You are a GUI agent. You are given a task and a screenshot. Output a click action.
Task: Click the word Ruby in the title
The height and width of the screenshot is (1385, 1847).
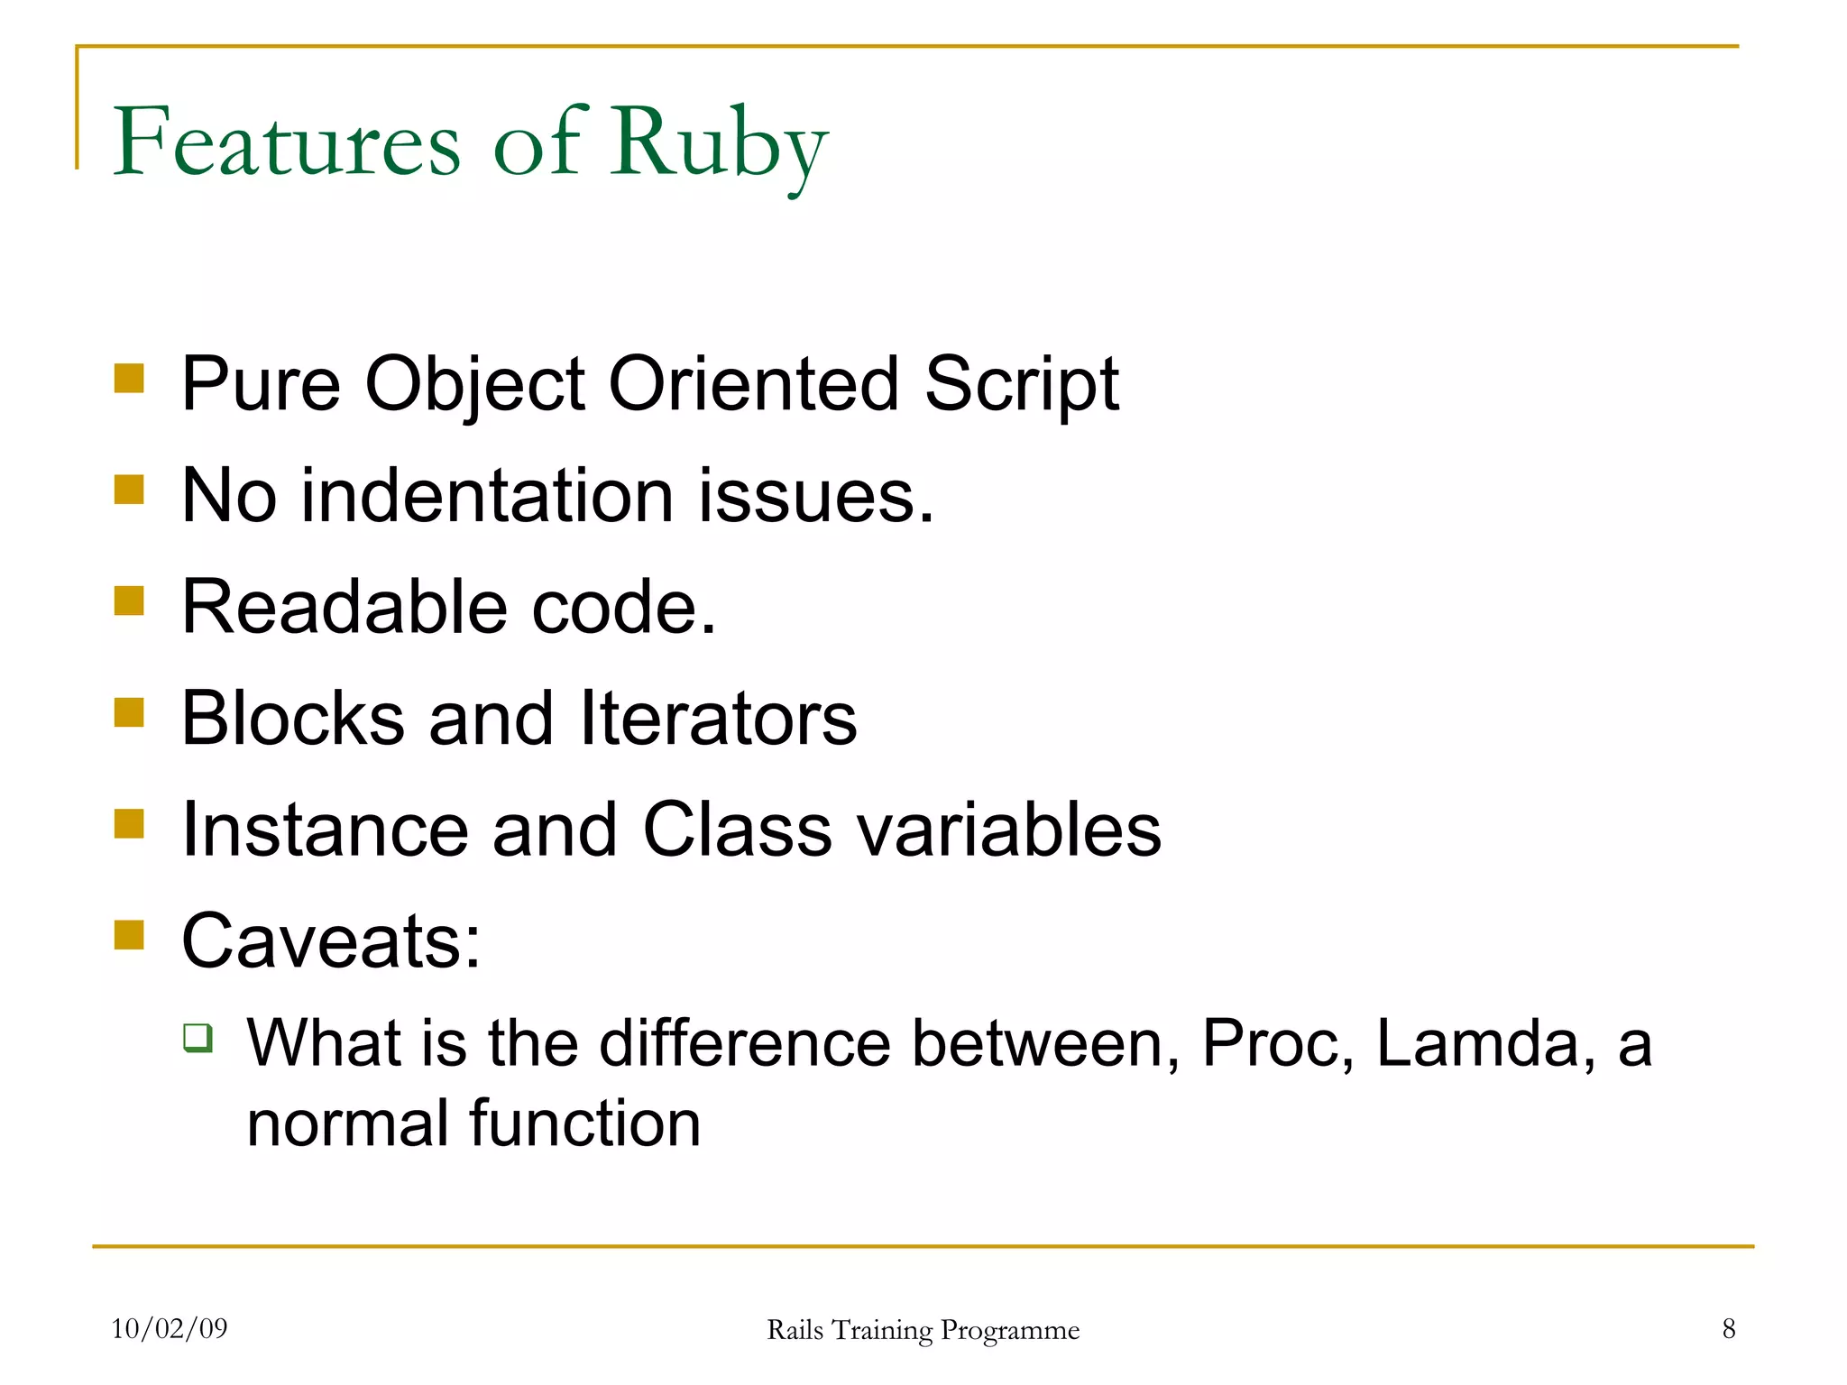pyautogui.click(x=718, y=144)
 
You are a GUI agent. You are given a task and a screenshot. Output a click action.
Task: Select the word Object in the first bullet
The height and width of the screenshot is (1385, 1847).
pyautogui.click(x=474, y=385)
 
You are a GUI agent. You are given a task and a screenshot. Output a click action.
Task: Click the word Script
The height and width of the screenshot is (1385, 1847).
pyautogui.click(x=1021, y=385)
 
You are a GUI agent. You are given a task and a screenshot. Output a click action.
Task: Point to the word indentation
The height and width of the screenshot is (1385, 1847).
pyautogui.click(x=486, y=496)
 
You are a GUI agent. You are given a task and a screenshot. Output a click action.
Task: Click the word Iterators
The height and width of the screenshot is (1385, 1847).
pyautogui.click(x=718, y=719)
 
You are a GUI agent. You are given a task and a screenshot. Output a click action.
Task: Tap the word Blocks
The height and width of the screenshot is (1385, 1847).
pyautogui.click(x=293, y=719)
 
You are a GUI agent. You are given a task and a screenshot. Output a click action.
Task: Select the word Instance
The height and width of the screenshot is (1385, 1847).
pyautogui.click(x=325, y=830)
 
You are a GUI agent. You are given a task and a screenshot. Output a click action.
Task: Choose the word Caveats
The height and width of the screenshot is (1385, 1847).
pyautogui.click(x=331, y=940)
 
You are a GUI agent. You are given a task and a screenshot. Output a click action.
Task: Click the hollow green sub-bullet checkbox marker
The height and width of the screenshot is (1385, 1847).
pyautogui.click(x=198, y=1038)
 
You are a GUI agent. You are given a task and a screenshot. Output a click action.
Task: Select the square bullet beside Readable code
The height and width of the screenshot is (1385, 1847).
pyautogui.click(x=130, y=601)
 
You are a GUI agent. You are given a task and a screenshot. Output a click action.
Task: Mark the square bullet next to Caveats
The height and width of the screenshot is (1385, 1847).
pyautogui.click(x=130, y=935)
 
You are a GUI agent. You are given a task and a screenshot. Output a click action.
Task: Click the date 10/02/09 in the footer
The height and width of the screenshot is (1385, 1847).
pyautogui.click(x=170, y=1328)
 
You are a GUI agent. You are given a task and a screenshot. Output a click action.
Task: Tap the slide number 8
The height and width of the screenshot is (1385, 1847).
pyautogui.click(x=1728, y=1328)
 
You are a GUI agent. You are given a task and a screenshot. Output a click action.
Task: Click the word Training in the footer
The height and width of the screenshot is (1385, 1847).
pyautogui.click(x=881, y=1330)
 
